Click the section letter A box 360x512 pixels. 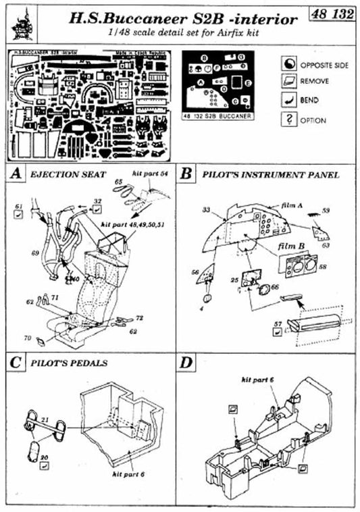pyautogui.click(x=14, y=174)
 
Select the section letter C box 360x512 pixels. pyautogui.click(x=14, y=362)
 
